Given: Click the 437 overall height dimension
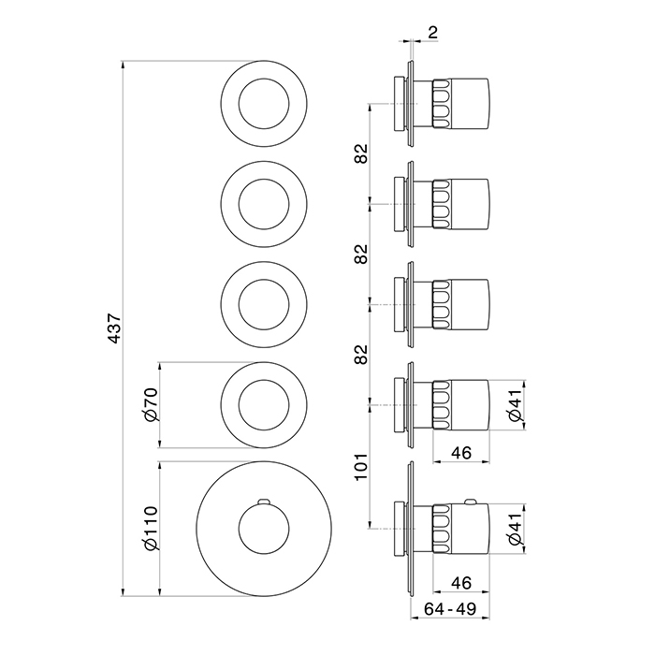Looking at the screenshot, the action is [114, 328].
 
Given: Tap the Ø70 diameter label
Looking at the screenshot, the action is [151, 404].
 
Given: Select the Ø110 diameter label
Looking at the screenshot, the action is [151, 529].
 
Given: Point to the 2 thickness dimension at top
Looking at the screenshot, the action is [433, 32].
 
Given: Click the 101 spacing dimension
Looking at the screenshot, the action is [361, 467].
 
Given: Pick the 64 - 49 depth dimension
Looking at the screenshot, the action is [450, 609].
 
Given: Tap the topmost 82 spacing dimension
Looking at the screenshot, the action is [361, 153].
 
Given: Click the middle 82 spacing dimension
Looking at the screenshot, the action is [361, 254].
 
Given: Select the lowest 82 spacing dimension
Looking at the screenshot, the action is [361, 355].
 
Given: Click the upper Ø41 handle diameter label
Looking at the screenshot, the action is [515, 404].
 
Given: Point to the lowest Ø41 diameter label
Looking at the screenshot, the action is [515, 529].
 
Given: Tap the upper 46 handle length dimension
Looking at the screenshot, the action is [461, 453].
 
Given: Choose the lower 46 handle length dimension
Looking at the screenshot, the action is [461, 583].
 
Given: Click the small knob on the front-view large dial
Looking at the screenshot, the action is [264, 501].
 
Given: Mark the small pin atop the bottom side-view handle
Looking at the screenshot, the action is [471, 502].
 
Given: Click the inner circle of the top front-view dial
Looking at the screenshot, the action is [264, 79].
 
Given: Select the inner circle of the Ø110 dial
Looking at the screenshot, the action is [264, 504].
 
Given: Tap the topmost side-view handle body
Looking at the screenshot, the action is [460, 103].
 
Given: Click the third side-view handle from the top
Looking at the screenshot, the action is [460, 304].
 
